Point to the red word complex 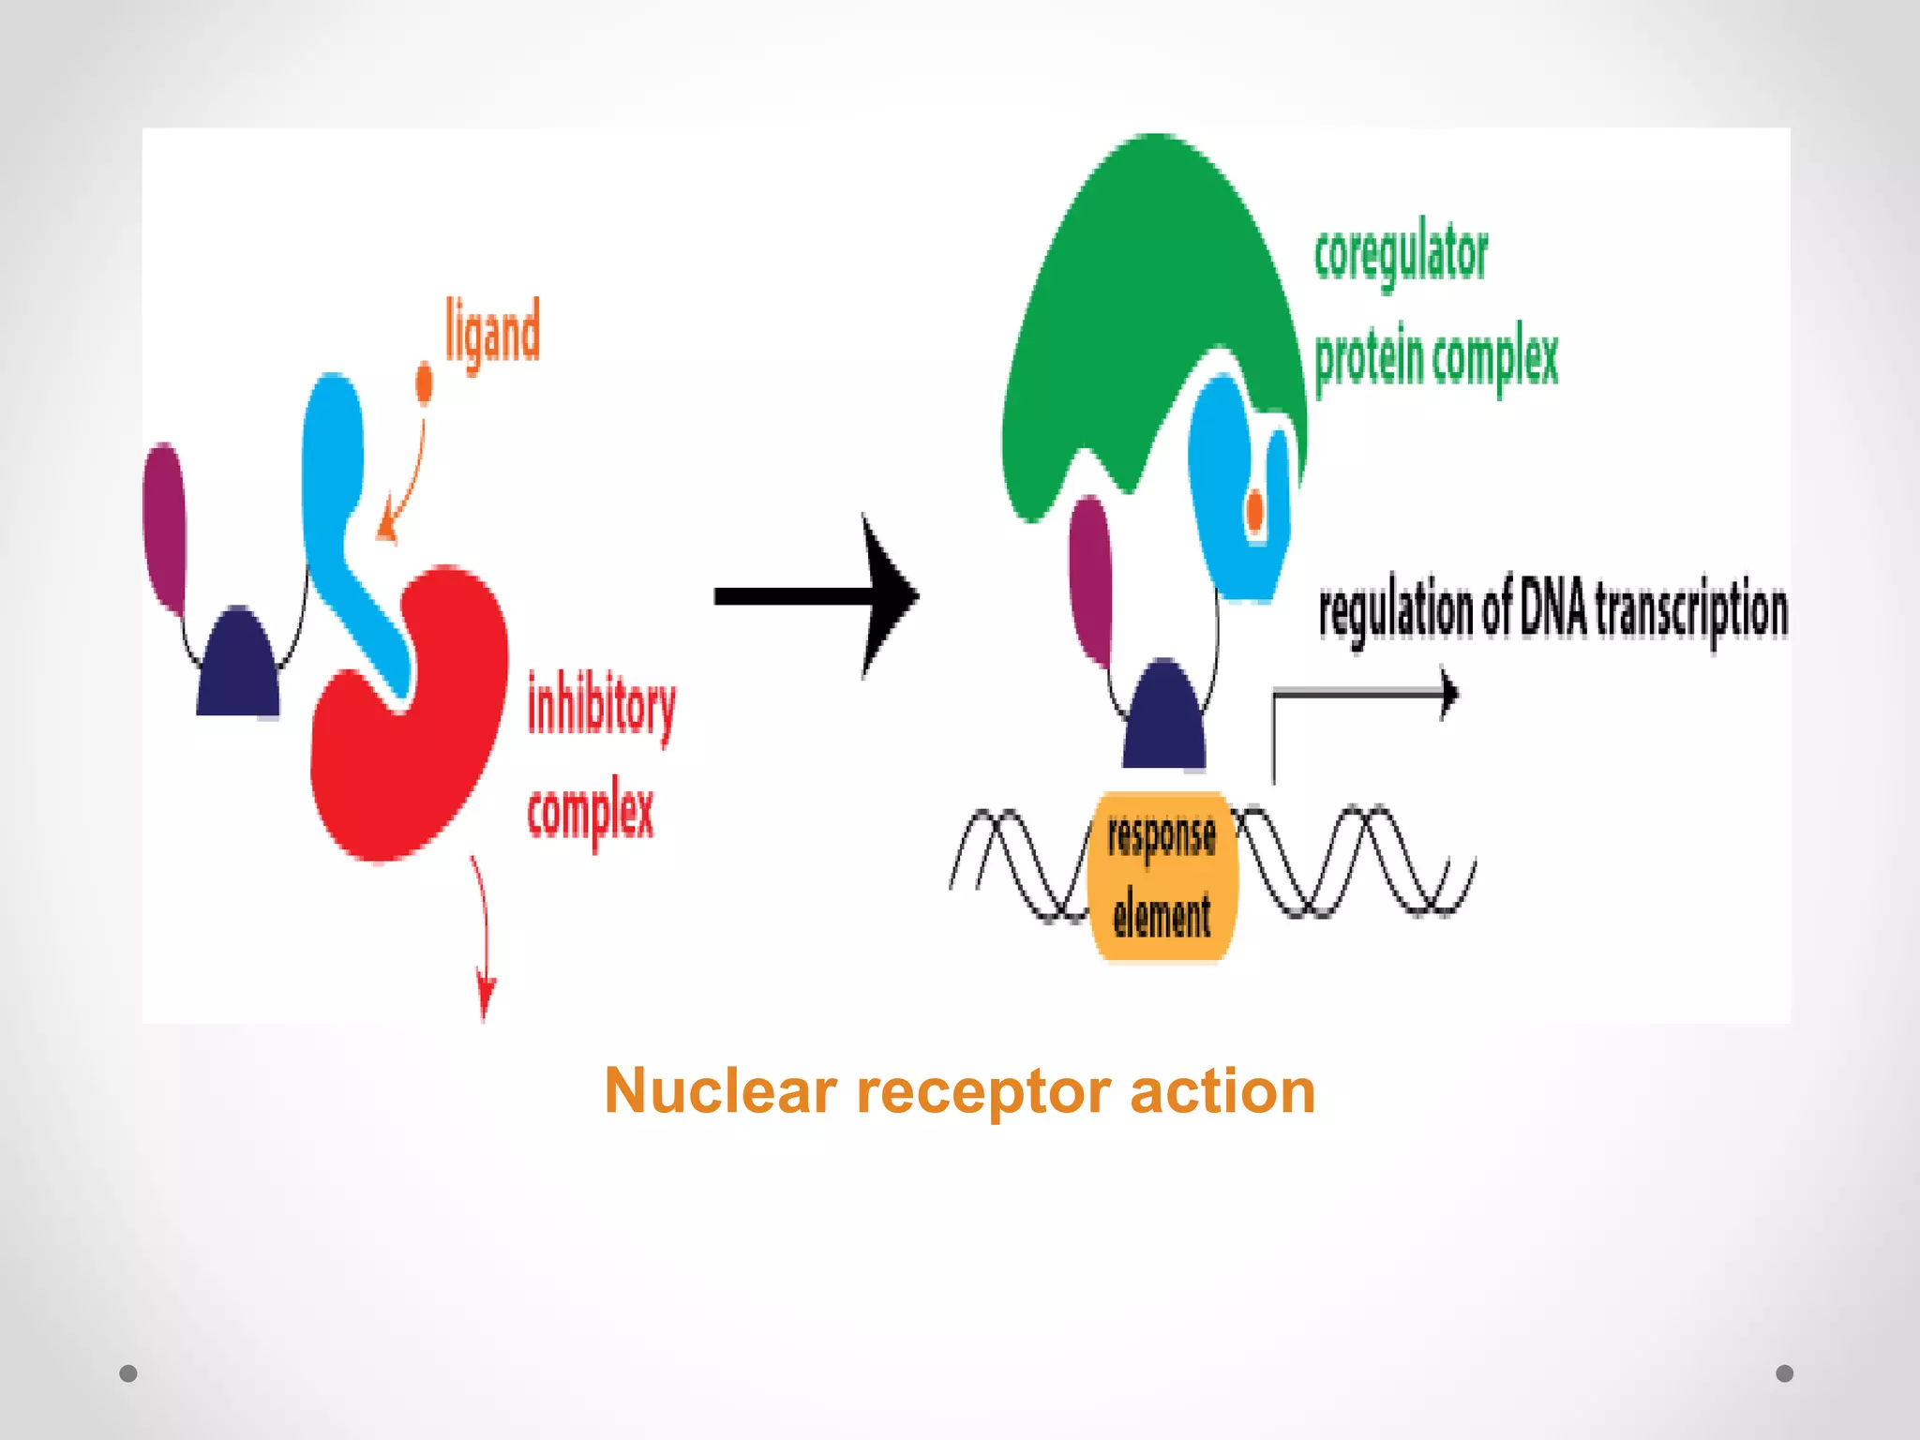click(x=590, y=811)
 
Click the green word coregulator click(x=1400, y=253)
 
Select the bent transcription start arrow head click(x=1449, y=694)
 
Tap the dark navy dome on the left click(x=238, y=666)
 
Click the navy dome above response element click(x=1163, y=717)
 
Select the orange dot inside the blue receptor click(x=1254, y=512)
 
